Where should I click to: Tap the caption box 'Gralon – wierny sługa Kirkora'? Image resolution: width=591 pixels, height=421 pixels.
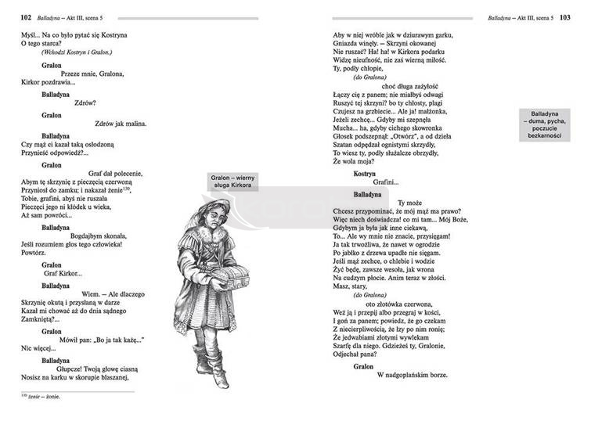[232, 182]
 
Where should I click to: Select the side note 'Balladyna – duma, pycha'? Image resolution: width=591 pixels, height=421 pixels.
[548, 124]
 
